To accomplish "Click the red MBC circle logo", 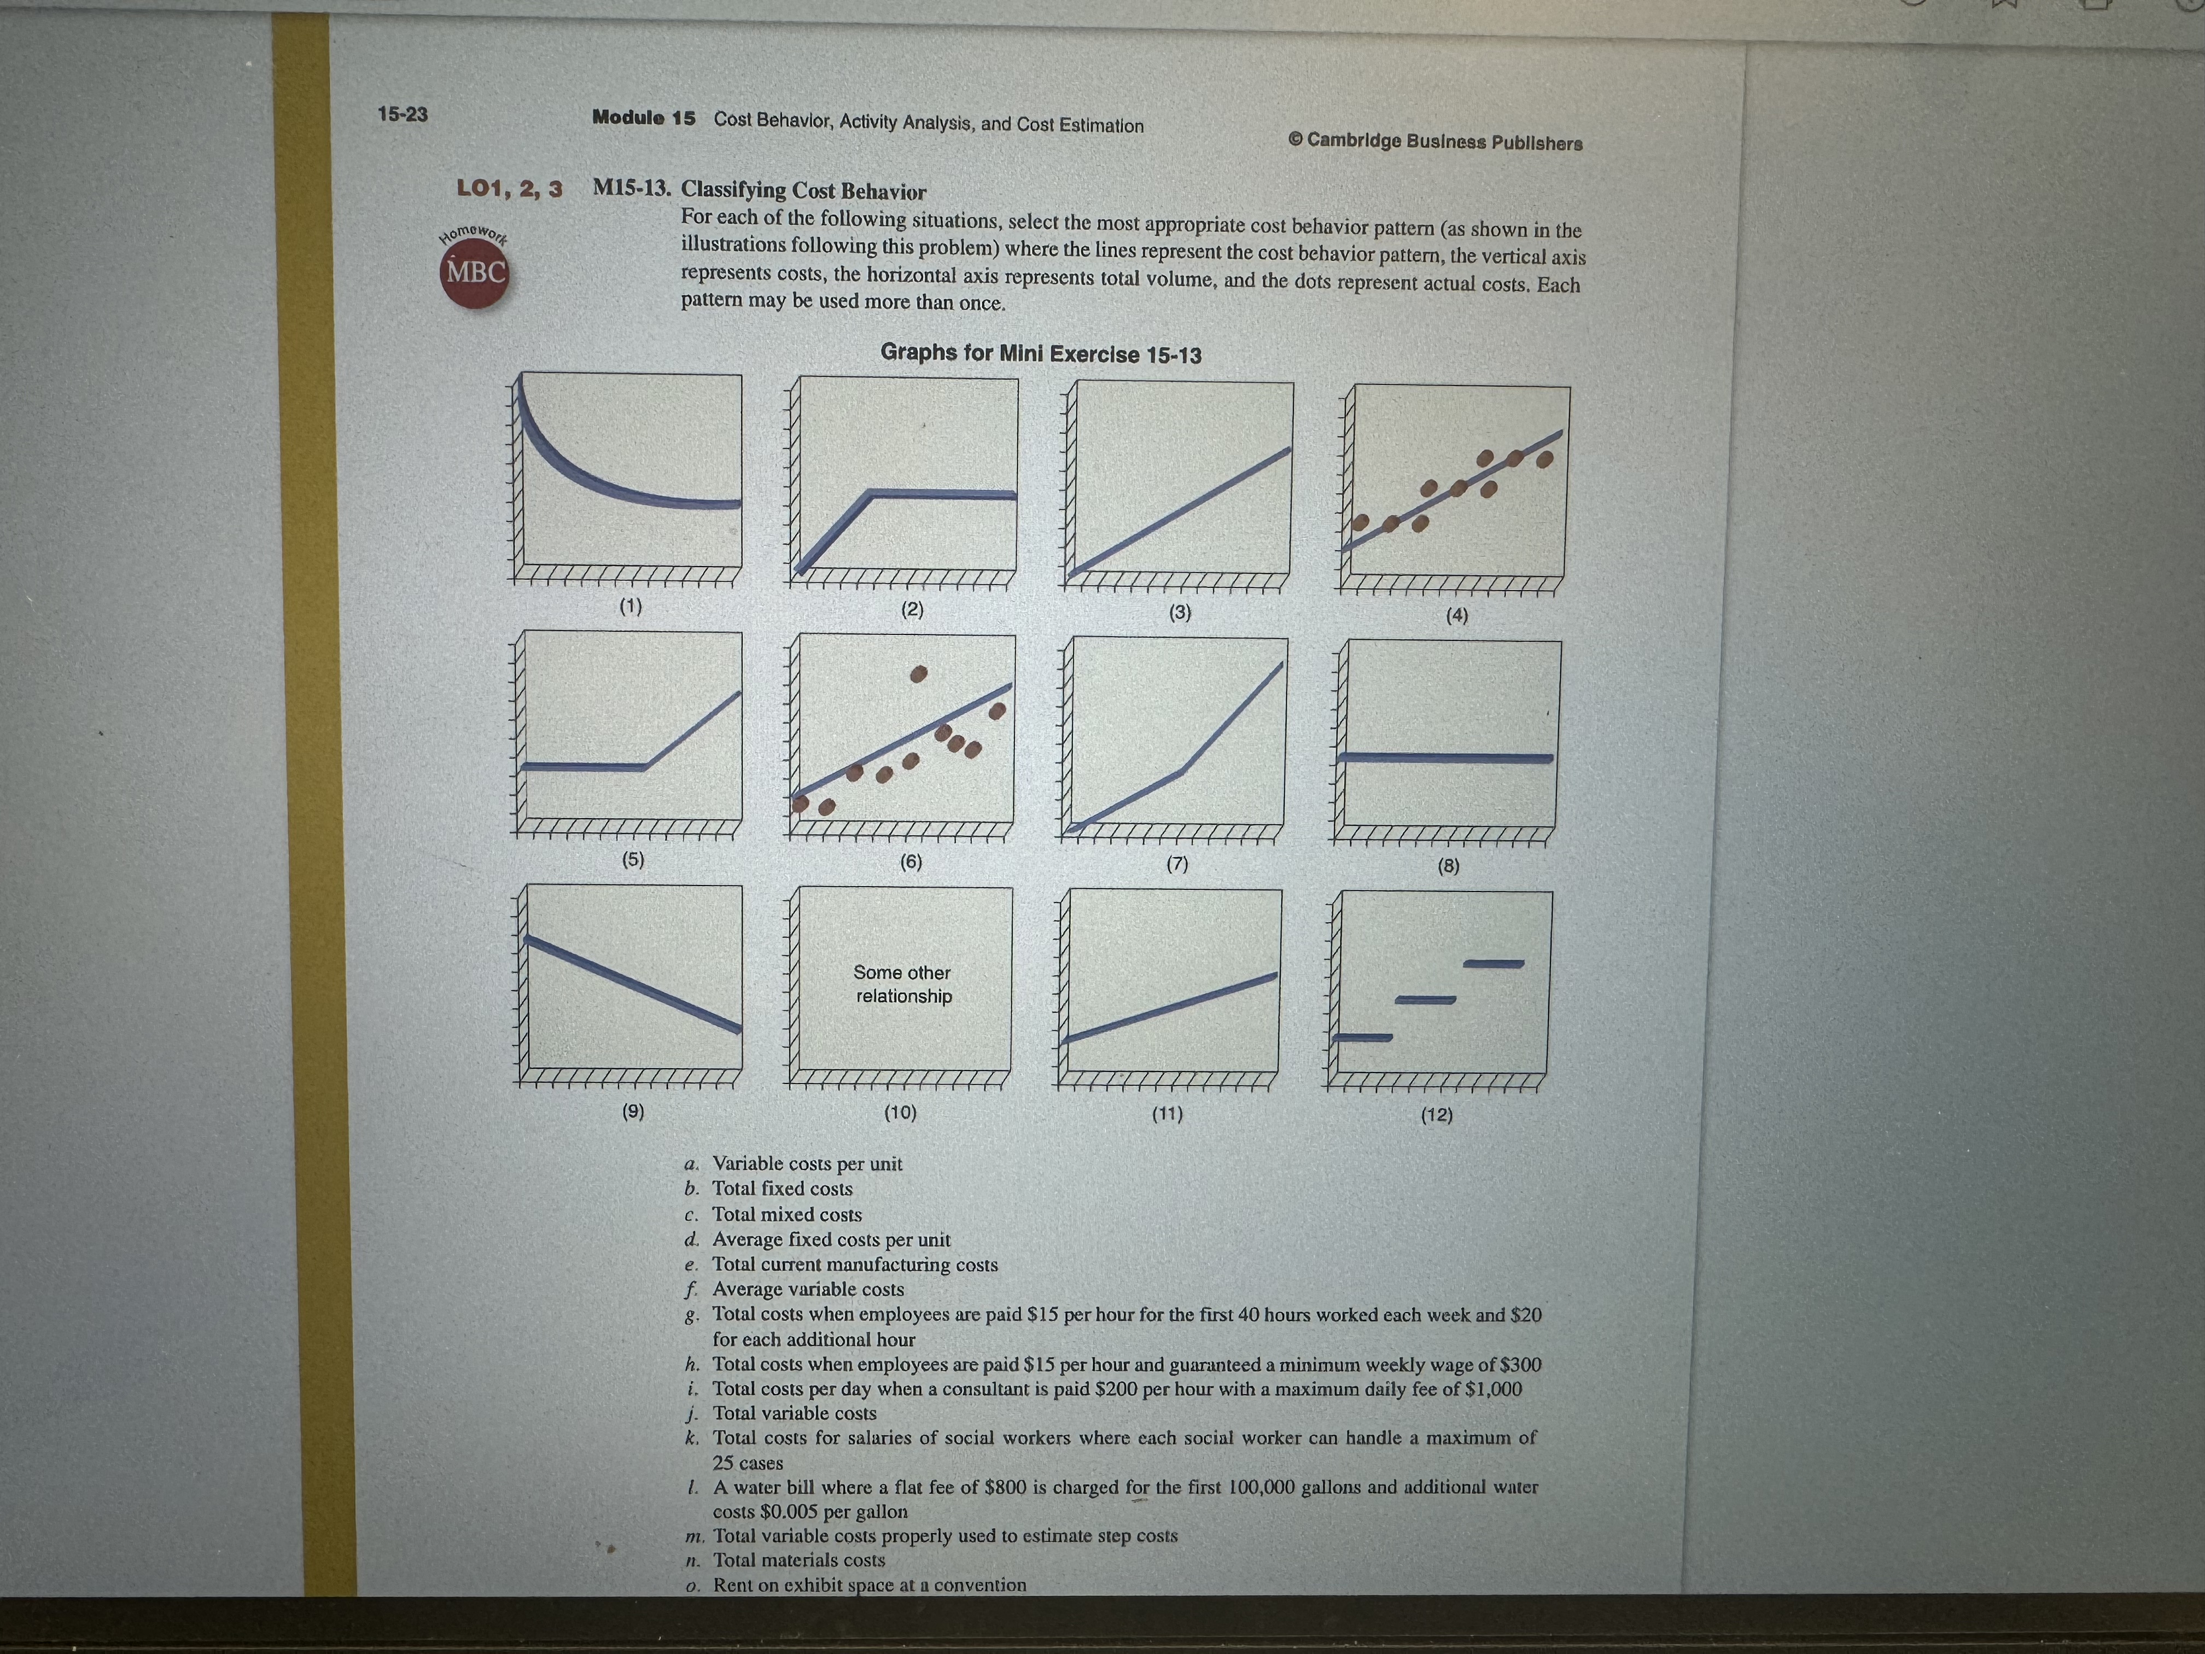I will click(475, 272).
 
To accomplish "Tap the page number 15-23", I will click(402, 114).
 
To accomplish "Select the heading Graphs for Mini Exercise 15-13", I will click(1041, 354).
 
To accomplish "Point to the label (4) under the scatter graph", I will click(1456, 615).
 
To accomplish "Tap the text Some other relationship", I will click(903, 984).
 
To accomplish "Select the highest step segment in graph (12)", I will click(1494, 963).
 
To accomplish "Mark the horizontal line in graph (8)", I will click(1445, 758).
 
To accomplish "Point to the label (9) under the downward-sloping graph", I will click(633, 1111).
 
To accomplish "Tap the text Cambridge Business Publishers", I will click(1443, 142).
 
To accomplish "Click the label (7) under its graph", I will click(1177, 864).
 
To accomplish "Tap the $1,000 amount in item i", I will click(1492, 1389).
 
